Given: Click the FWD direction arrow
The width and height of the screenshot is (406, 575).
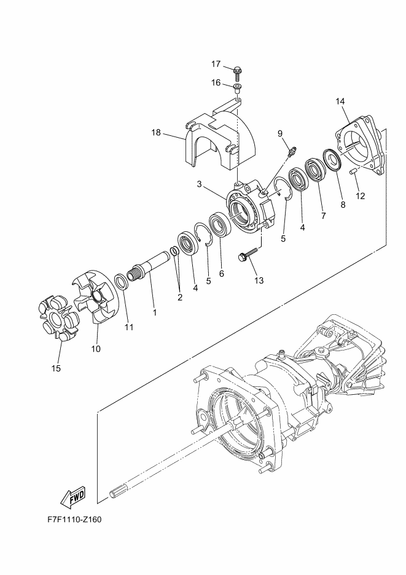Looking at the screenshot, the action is coord(73,497).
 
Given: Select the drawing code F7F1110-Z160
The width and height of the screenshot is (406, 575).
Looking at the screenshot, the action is coord(74,520).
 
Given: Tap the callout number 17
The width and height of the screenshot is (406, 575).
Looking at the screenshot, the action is coord(216,64).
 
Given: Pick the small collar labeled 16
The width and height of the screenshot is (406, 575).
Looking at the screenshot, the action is coord(238,88).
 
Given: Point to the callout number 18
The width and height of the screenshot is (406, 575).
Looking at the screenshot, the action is coord(157,132).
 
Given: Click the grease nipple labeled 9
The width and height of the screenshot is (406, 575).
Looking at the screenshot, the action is coord(293,151).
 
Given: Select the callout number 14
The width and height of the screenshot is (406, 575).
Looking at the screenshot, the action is coord(340,101).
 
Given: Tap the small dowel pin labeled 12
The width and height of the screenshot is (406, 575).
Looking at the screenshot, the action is coord(354,172).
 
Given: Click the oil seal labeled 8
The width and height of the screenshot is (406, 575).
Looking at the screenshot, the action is coord(333,159).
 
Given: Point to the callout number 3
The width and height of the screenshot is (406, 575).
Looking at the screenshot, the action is coord(200,184).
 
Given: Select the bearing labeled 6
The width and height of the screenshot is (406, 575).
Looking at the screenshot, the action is coord(220,224).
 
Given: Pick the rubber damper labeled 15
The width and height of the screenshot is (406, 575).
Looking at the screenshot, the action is coord(59,317).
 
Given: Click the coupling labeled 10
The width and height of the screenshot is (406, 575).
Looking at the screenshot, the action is coord(95,296).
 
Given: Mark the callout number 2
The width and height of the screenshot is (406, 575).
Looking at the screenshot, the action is coord(180,298).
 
